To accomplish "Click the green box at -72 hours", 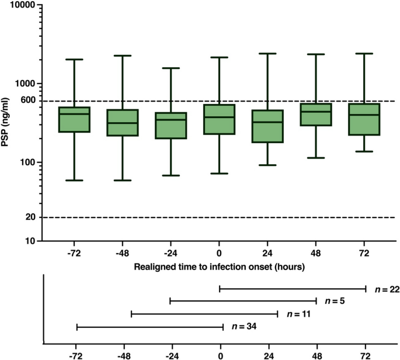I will (75, 119).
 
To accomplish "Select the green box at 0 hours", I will (219, 119).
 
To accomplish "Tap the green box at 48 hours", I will (315, 115).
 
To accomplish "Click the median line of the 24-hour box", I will (267, 122).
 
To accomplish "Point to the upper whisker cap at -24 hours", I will (171, 68).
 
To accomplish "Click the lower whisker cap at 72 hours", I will (363, 151).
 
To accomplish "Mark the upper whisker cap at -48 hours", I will (123, 56).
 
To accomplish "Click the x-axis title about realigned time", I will (219, 266).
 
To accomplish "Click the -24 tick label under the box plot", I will (171, 252).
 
